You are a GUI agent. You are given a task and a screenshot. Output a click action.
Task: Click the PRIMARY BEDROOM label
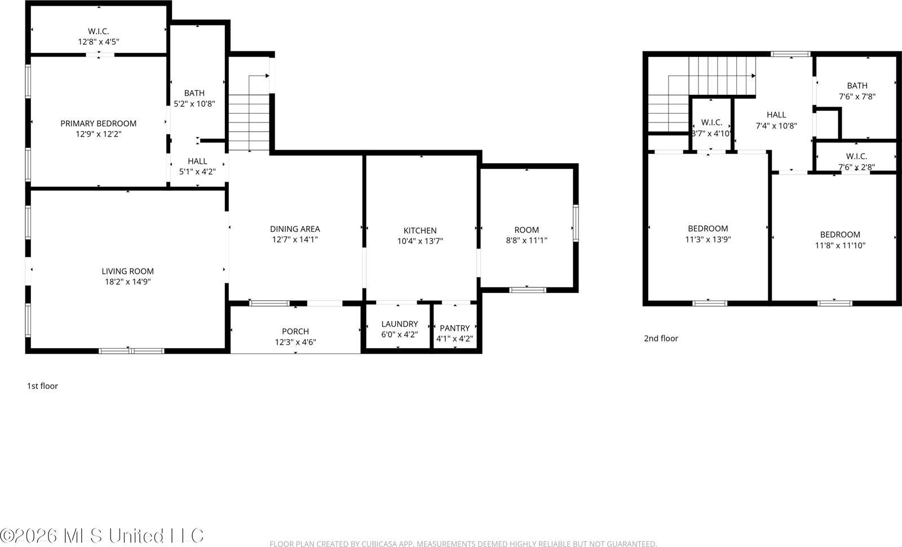pos(98,124)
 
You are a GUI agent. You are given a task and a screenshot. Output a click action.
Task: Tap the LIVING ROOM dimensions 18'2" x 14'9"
pos(127,282)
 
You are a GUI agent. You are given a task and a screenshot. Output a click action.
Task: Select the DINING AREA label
pos(295,229)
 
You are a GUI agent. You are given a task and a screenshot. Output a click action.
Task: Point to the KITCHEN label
pos(420,230)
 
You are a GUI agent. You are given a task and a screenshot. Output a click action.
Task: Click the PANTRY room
pos(454,333)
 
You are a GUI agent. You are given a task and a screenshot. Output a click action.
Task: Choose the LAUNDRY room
pos(399,329)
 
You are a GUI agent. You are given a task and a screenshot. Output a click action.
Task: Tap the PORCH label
pos(295,331)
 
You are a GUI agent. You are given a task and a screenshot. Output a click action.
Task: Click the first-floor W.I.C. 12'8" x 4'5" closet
pos(98,36)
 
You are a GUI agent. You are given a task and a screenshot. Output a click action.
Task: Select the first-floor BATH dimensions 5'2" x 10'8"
pos(194,104)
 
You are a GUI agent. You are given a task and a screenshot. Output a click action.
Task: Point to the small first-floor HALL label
pos(197,161)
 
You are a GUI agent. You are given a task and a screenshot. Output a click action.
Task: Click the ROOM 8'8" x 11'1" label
pos(527,230)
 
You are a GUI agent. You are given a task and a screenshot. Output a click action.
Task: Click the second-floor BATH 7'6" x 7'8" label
pos(857,86)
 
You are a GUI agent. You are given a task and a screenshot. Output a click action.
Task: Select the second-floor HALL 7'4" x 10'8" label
pos(776,115)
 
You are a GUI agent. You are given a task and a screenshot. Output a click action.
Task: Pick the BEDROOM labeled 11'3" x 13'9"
pos(708,229)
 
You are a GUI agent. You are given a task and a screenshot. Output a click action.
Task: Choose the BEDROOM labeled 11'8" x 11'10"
pos(840,235)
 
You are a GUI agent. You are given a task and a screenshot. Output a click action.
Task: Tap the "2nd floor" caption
pos(661,339)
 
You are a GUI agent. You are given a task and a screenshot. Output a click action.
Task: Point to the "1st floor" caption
pos(42,386)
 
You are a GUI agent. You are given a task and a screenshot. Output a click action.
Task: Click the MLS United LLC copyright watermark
pos(101,535)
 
